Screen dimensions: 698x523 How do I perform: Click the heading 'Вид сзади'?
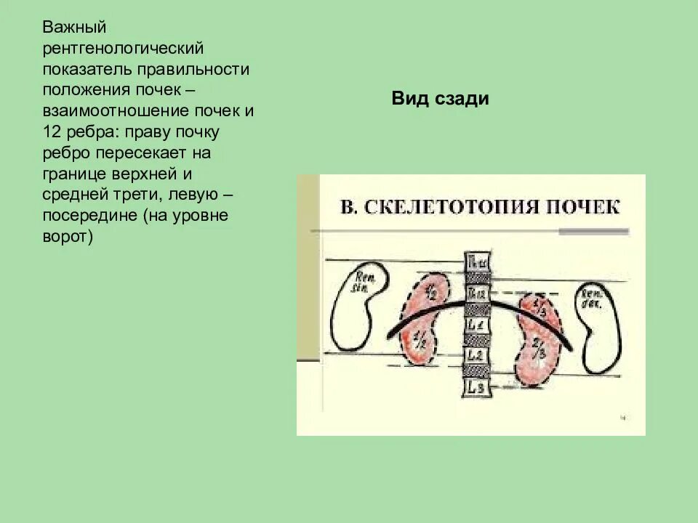click(x=440, y=100)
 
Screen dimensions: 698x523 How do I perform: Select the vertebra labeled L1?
click(x=476, y=324)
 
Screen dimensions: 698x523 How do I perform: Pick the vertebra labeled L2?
click(x=476, y=356)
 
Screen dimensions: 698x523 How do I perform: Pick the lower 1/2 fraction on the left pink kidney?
click(x=420, y=341)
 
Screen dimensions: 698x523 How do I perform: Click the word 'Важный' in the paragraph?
click(x=75, y=28)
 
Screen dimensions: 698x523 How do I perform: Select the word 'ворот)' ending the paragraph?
click(x=68, y=237)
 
